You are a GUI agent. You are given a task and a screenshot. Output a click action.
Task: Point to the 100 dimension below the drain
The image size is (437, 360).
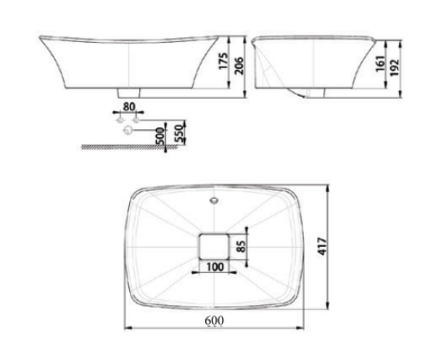[x=216, y=268]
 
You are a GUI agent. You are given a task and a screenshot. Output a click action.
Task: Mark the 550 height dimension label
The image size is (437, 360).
[x=179, y=132]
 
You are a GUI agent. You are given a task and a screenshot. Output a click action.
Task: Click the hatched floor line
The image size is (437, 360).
[x=127, y=147]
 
